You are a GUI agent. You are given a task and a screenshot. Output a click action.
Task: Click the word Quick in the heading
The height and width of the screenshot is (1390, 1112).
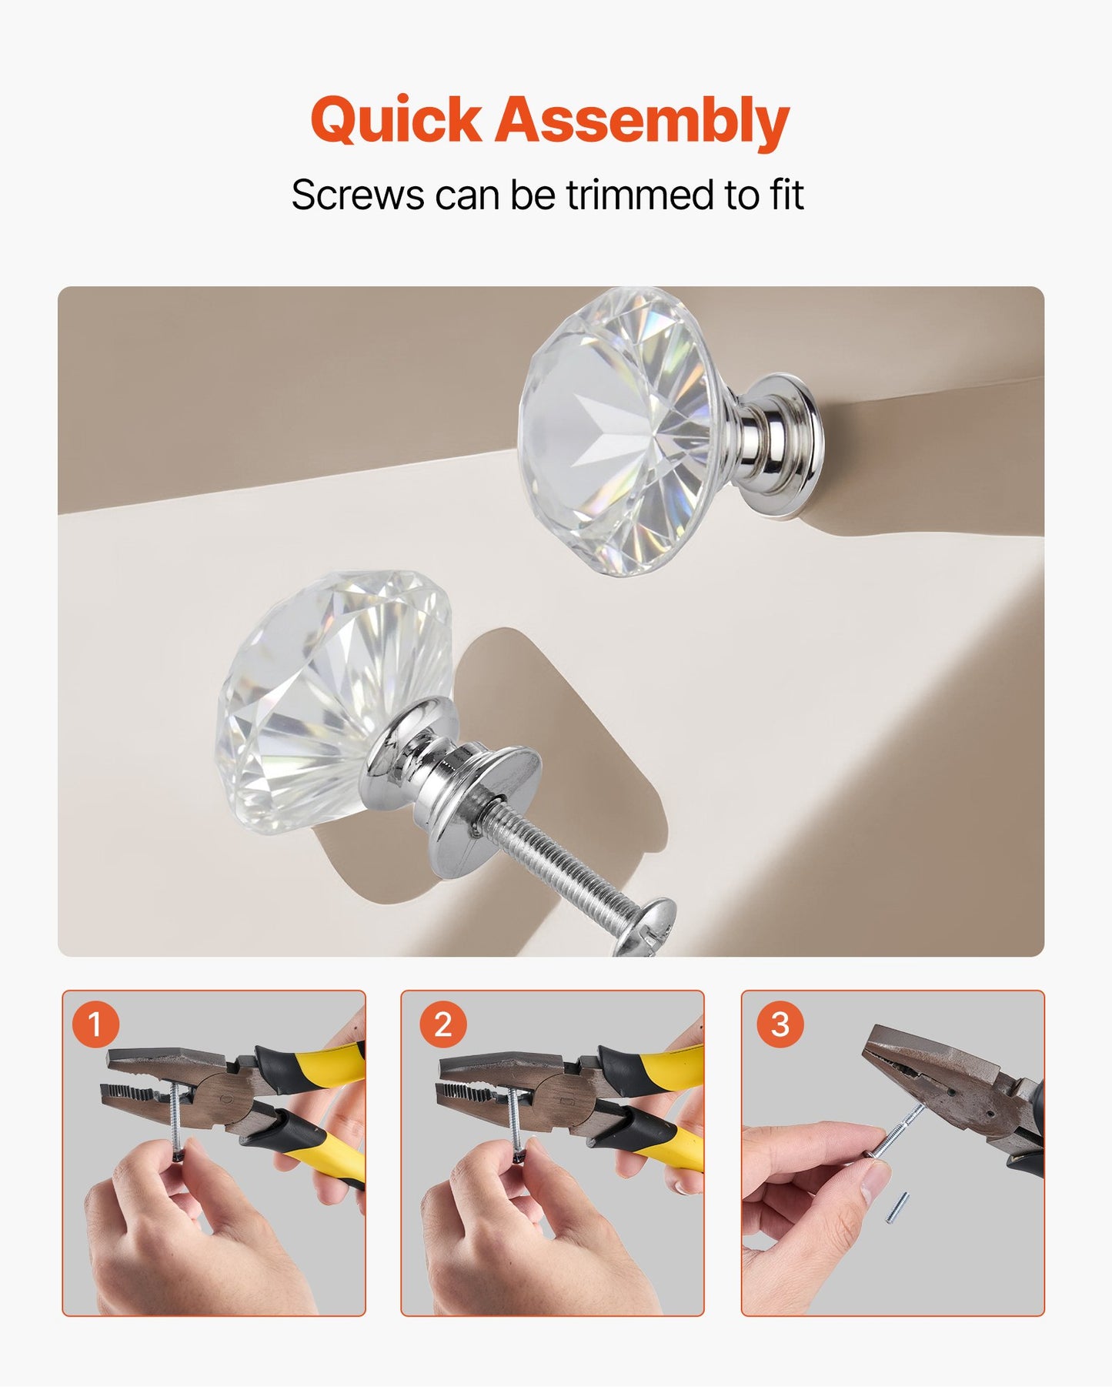click(396, 122)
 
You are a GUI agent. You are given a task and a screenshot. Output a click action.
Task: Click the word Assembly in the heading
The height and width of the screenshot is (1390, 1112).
click(642, 122)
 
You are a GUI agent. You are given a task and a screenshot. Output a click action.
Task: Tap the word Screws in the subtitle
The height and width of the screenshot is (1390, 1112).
click(357, 195)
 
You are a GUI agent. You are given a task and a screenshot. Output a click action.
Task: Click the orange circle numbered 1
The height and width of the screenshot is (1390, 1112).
click(95, 1024)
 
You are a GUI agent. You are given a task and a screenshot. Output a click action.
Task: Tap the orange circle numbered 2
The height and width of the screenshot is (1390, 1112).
click(442, 1024)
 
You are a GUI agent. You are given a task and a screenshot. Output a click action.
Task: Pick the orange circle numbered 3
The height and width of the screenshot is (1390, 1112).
click(780, 1024)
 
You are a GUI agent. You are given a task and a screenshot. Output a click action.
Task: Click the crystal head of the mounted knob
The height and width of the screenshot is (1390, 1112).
click(616, 431)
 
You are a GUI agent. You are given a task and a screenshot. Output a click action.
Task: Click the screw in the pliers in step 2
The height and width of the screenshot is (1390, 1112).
click(514, 1116)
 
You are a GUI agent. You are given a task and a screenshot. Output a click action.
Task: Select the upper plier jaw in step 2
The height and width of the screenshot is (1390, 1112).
click(493, 1065)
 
